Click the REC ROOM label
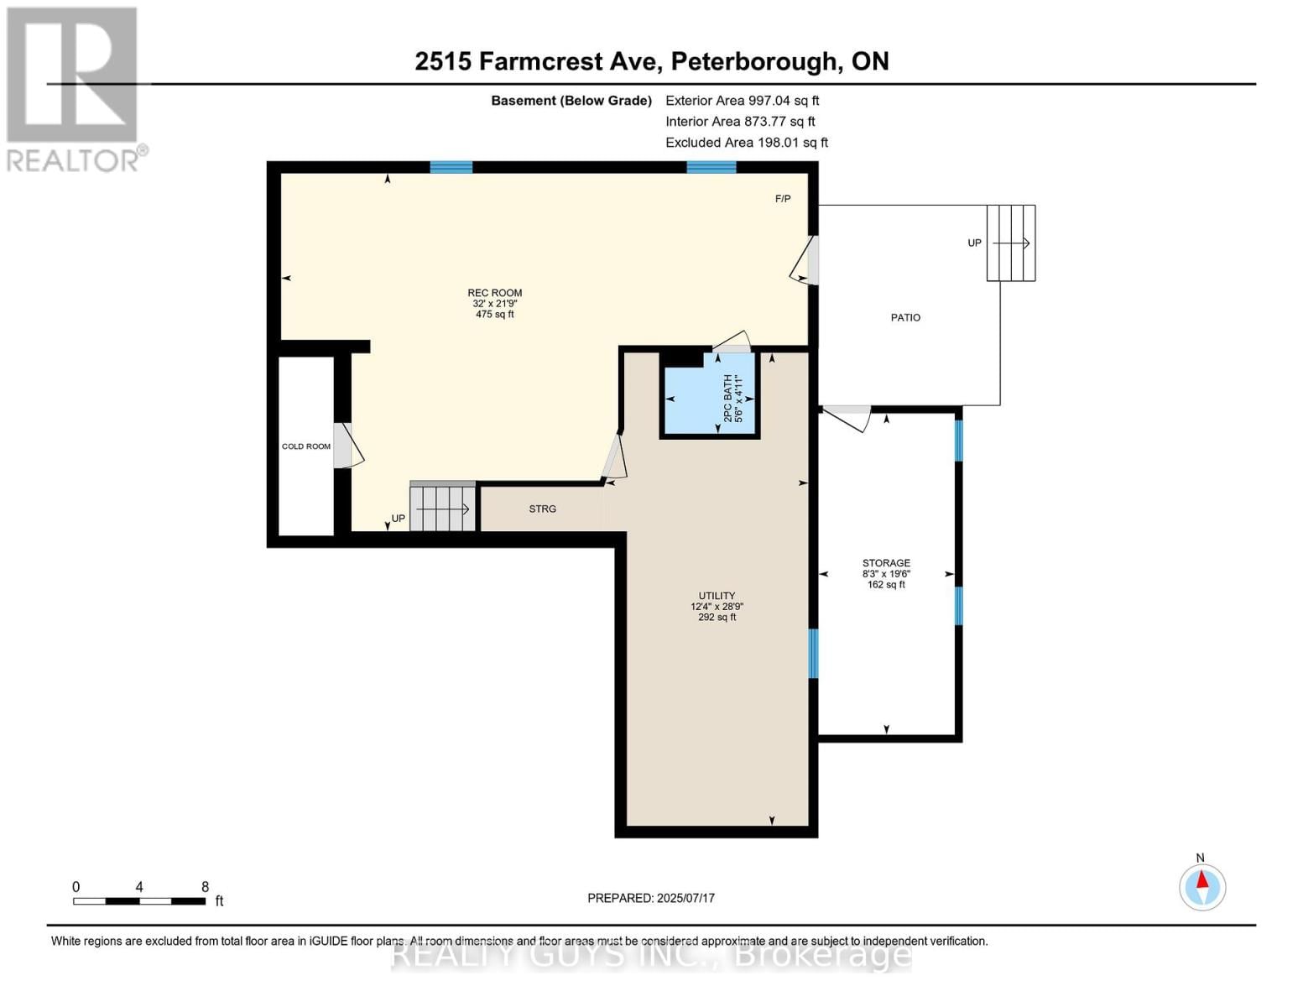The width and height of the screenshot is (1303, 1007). tap(494, 294)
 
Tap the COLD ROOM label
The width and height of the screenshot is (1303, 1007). tap(305, 446)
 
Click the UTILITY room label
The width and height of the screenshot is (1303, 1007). tap(717, 596)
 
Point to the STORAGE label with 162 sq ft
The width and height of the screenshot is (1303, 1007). tap(886, 564)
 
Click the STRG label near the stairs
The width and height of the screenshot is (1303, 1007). tap(542, 509)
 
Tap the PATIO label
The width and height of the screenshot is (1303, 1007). tap(905, 318)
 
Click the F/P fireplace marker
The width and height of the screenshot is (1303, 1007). tap(782, 199)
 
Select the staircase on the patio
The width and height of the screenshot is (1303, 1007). tap(1011, 243)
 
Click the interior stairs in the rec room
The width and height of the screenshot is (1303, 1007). tap(443, 508)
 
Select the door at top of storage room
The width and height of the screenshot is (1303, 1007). tap(847, 415)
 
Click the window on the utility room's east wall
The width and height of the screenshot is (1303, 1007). tap(813, 653)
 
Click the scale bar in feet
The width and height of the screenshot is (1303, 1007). tap(139, 901)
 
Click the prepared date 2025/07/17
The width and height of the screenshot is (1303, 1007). tap(651, 898)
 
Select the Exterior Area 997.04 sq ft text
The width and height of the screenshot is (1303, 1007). tap(742, 101)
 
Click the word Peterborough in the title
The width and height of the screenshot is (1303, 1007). tap(755, 61)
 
